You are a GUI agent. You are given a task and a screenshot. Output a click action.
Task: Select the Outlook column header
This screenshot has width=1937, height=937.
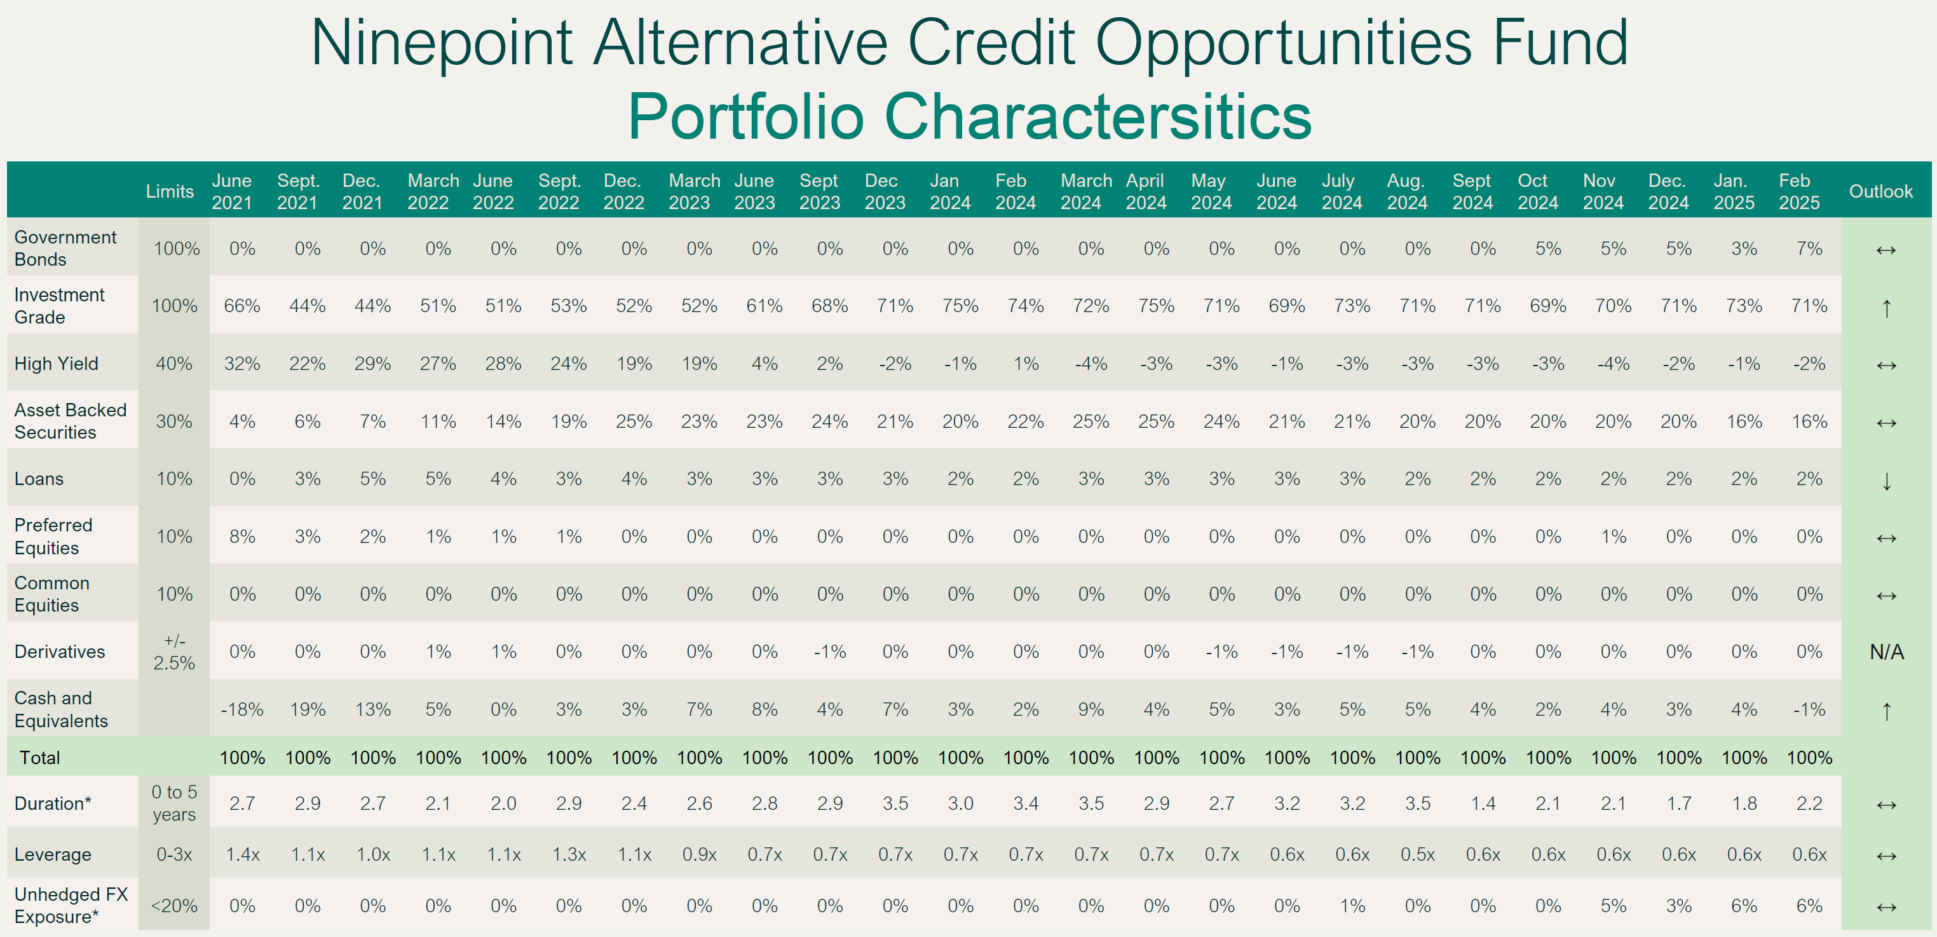[x=1880, y=192]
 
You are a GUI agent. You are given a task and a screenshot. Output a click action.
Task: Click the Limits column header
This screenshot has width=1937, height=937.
[x=169, y=192]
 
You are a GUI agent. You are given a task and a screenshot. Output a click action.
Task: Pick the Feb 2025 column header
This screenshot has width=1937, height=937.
[x=1798, y=192]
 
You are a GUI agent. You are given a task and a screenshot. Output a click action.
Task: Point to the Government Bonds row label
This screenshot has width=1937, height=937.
[x=65, y=248]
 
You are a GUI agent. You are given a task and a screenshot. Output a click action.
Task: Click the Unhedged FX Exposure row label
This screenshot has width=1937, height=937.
[x=71, y=905]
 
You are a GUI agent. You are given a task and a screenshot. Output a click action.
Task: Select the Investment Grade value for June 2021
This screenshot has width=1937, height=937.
[x=242, y=306]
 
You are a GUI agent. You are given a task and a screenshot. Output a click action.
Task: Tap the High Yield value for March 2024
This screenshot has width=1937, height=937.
[x=1091, y=364]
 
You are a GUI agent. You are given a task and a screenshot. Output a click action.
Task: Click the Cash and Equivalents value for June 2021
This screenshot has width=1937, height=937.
[x=242, y=709]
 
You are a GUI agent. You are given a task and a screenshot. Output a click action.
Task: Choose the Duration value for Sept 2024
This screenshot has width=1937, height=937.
[x=1483, y=803]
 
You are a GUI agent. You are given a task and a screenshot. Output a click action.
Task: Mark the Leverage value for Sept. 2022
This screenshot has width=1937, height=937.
[x=569, y=854]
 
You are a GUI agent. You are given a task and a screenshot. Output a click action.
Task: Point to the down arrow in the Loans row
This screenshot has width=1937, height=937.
[x=1886, y=481]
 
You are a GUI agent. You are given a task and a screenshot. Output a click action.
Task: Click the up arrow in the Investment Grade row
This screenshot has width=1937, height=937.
[x=1886, y=308]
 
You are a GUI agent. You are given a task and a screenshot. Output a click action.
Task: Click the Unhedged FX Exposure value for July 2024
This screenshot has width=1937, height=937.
[x=1352, y=905]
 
